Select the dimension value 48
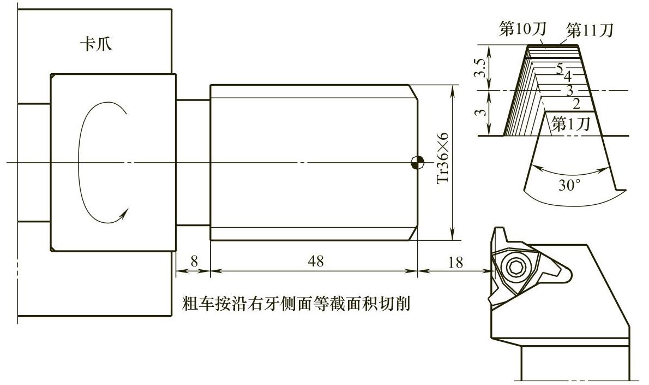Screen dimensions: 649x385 315,262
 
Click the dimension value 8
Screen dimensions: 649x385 194,262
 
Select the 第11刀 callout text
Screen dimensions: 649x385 590,30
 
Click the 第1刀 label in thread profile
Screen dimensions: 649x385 570,123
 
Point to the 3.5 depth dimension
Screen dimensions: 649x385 479,67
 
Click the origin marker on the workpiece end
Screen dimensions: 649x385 417,162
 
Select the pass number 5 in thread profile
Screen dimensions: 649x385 560,68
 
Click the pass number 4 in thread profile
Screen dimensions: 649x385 567,75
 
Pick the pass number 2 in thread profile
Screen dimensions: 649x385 576,102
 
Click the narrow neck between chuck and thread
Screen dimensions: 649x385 193,162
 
